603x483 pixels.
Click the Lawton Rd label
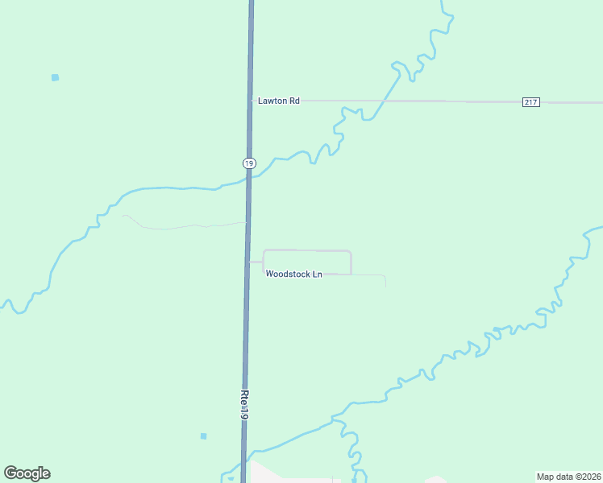point(278,101)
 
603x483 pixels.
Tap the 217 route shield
point(530,101)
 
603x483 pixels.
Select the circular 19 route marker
point(249,163)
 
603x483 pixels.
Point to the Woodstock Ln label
point(294,275)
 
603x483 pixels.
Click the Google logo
point(27,473)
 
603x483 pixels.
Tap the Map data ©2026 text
point(568,477)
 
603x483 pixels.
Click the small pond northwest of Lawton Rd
point(55,77)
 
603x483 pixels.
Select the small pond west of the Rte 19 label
point(203,436)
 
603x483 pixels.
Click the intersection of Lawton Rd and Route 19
point(251,101)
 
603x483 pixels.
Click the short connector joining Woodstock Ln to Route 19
point(256,262)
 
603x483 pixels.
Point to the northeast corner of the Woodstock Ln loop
point(350,252)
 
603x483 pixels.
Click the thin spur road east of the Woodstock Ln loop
point(371,275)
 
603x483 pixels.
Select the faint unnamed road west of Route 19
point(177,227)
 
